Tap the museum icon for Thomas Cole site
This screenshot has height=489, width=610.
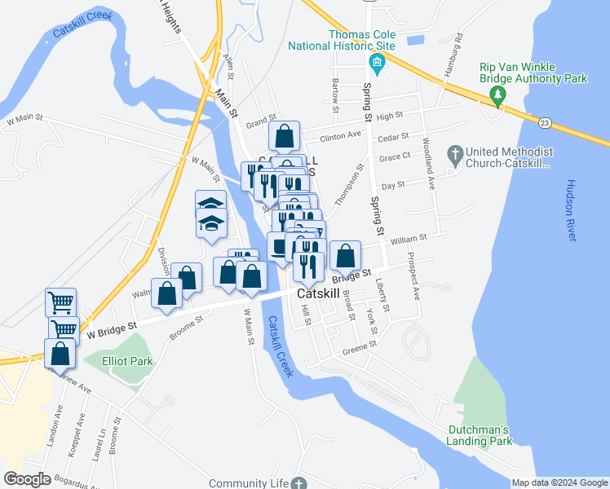376,64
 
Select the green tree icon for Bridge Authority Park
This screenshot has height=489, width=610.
498,97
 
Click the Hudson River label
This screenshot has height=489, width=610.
571,209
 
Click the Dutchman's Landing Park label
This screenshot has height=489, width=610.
480,435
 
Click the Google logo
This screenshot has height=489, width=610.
28,478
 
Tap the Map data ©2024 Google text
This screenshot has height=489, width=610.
559,482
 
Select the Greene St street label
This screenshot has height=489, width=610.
360,345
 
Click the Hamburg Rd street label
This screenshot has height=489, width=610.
453,50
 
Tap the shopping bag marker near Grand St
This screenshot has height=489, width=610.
285,135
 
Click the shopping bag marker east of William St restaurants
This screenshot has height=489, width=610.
346,255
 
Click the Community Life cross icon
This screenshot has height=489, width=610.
299,483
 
